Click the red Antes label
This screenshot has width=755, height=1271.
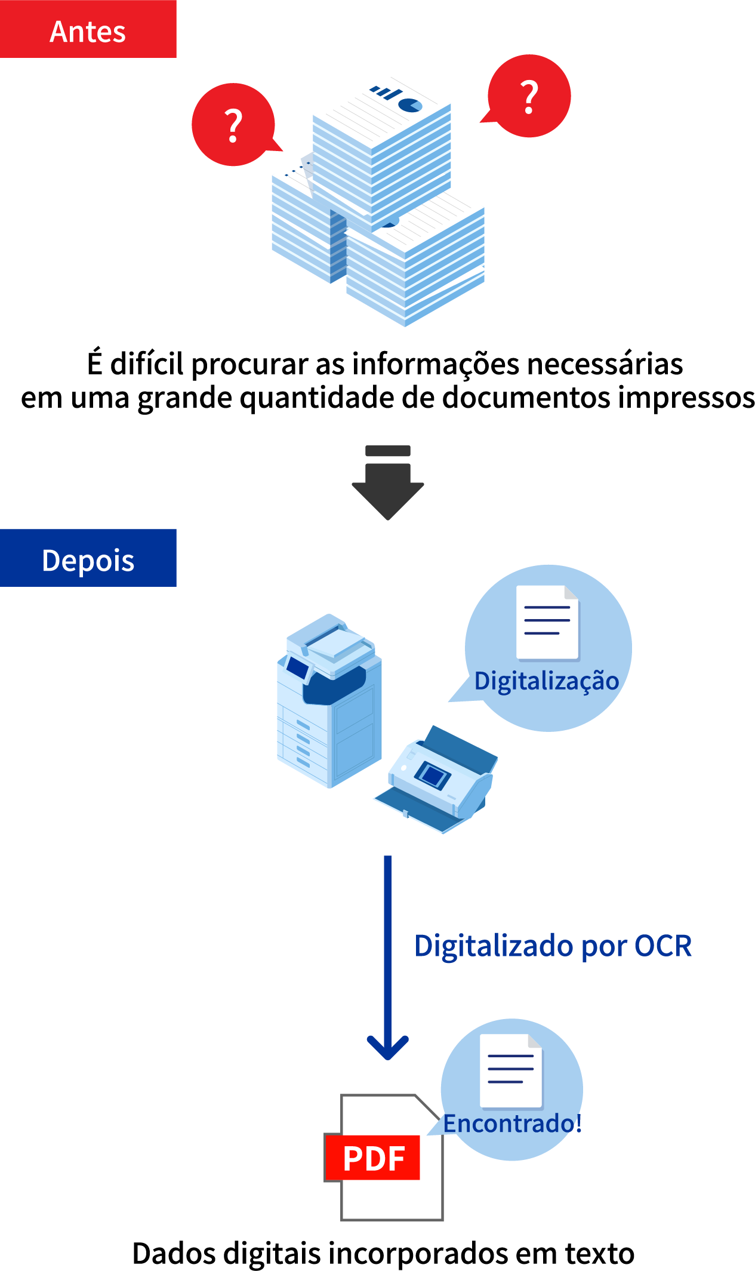point(88,30)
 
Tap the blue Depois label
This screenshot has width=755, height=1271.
point(88,558)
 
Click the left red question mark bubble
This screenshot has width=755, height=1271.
point(233,125)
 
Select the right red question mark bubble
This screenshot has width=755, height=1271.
point(529,96)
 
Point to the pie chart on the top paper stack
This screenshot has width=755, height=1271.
point(410,105)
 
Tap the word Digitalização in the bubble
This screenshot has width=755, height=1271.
point(546,681)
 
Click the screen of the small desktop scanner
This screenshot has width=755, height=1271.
point(433,775)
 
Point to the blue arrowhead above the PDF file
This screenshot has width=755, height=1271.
point(388,1048)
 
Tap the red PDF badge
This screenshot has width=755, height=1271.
point(373,1158)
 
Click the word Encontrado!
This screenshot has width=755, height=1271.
point(512,1124)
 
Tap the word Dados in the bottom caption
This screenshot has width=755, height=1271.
point(173,1253)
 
